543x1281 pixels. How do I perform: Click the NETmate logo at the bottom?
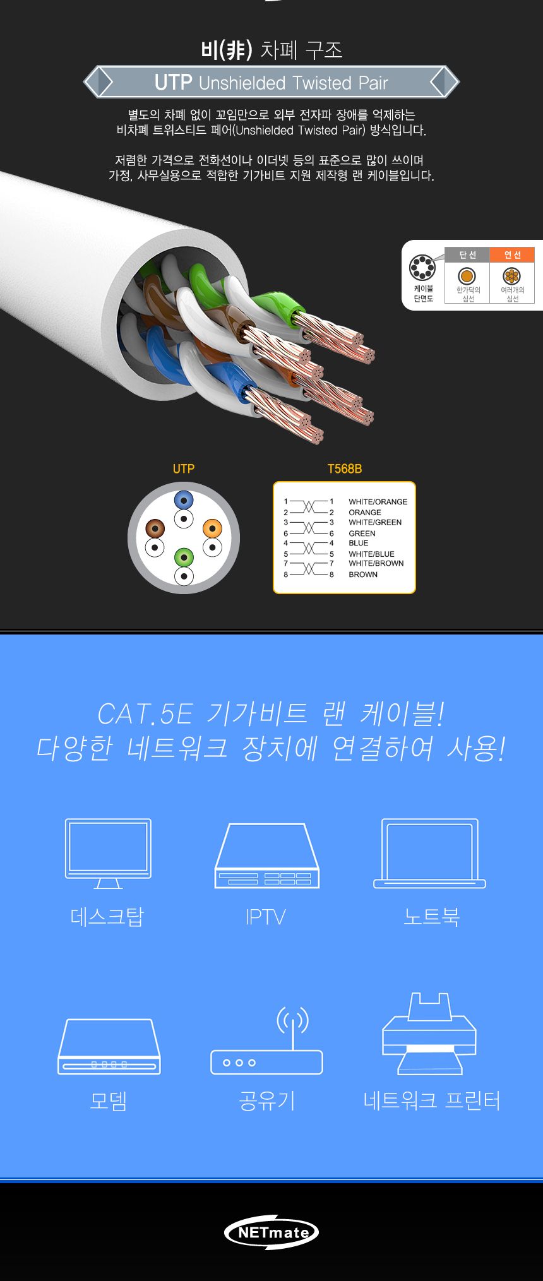pyautogui.click(x=271, y=1232)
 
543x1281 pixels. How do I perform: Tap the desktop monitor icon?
pyautogui.click(x=108, y=852)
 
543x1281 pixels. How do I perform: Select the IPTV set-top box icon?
pyautogui.click(x=266, y=855)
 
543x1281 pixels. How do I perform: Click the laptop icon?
pyautogui.click(x=429, y=853)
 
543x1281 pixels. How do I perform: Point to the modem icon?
pyautogui.click(x=109, y=1046)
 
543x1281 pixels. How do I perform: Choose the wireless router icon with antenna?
pyautogui.click(x=267, y=1042)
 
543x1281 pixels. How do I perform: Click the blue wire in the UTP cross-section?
pyautogui.click(x=184, y=501)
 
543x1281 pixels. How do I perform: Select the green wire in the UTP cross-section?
pyautogui.click(x=184, y=557)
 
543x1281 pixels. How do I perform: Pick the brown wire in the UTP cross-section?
pyautogui.click(x=155, y=528)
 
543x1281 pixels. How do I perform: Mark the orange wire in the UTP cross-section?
pyautogui.click(x=212, y=528)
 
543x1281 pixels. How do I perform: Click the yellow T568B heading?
pyautogui.click(x=344, y=468)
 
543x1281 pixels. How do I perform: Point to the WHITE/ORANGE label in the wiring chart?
pyautogui.click(x=378, y=502)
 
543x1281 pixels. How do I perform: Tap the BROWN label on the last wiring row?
pyautogui.click(x=363, y=575)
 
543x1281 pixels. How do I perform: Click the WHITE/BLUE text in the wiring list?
pyautogui.click(x=371, y=554)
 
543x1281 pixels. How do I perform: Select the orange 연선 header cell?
pyautogui.click(x=512, y=254)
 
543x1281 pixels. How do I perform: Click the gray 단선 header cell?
pyautogui.click(x=467, y=254)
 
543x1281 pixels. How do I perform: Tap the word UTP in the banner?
pyautogui.click(x=173, y=82)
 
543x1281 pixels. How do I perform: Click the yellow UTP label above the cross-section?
pyautogui.click(x=184, y=468)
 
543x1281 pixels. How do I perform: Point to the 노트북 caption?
pyautogui.click(x=431, y=916)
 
